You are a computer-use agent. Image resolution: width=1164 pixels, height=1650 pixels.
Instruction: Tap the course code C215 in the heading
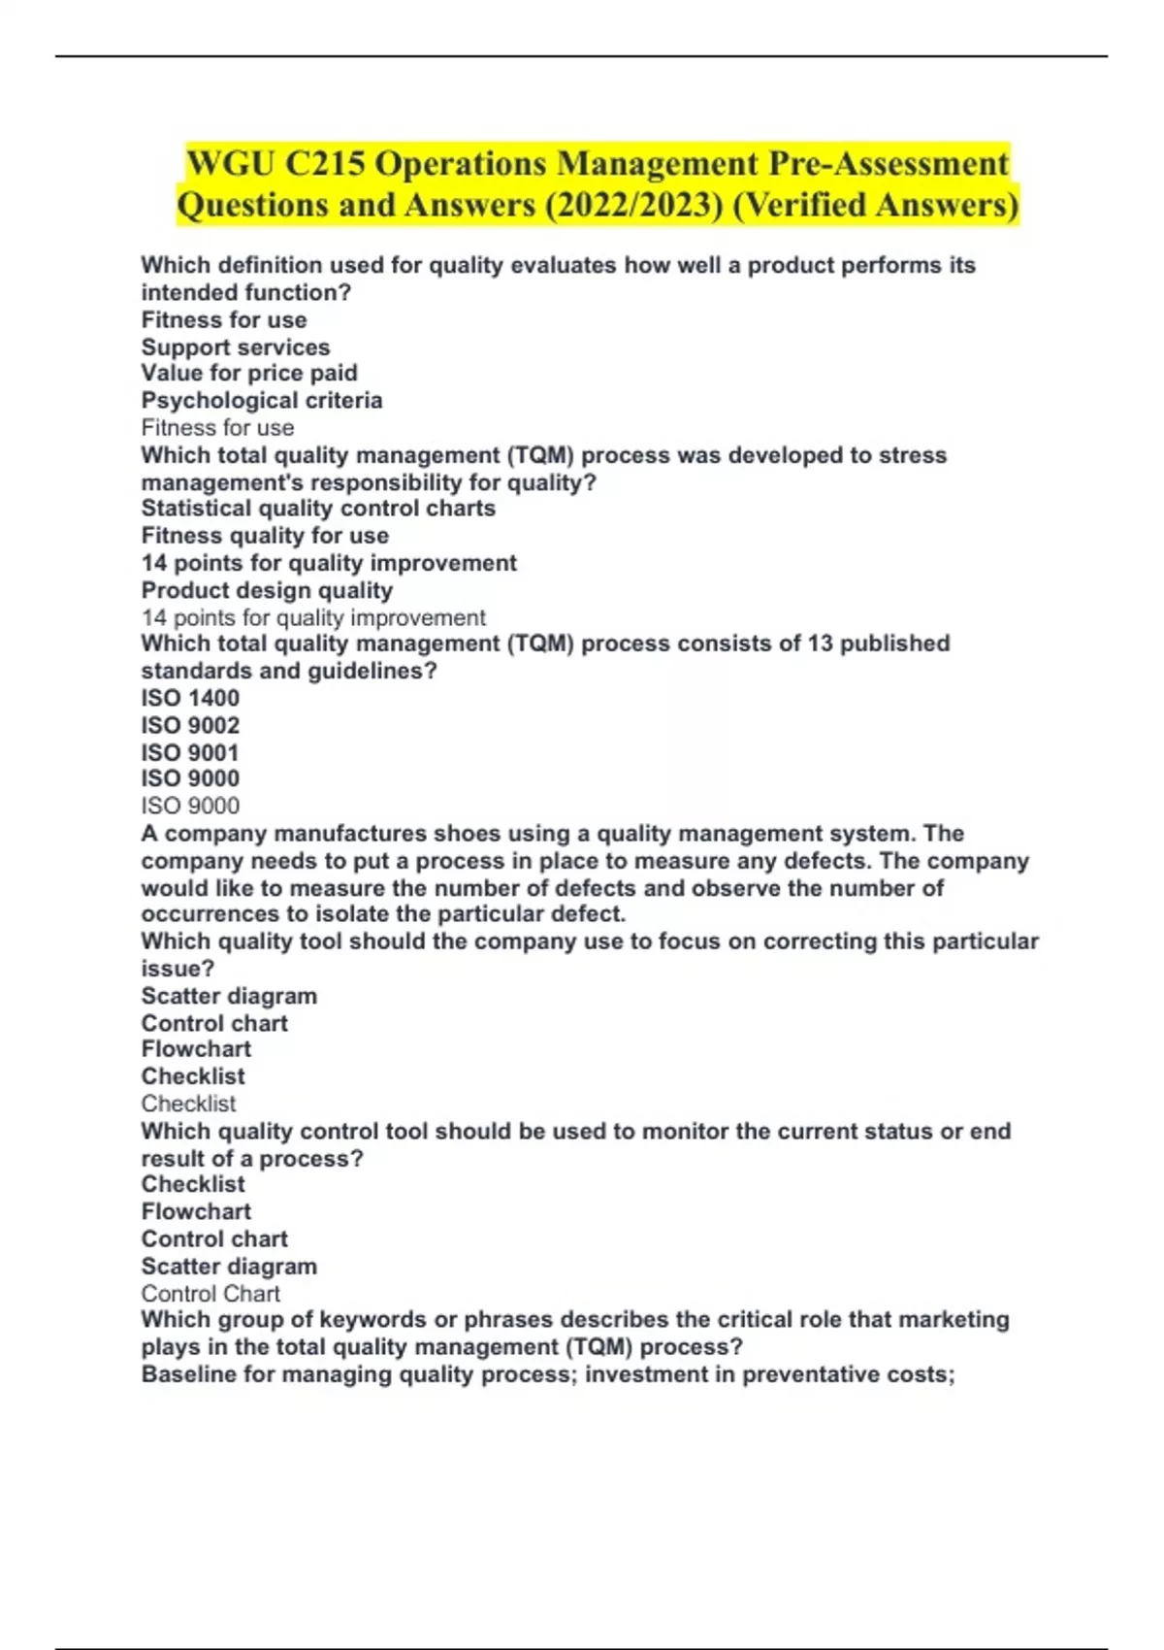[324, 163]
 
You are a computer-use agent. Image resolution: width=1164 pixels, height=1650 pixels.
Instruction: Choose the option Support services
[236, 346]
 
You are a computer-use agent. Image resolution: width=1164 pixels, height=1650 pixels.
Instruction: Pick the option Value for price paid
[249, 373]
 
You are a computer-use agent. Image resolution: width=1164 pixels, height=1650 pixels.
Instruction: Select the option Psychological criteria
[262, 400]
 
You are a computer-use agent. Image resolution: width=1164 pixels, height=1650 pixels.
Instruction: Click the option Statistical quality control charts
[318, 508]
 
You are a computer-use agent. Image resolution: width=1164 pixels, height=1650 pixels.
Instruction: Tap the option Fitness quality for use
[265, 535]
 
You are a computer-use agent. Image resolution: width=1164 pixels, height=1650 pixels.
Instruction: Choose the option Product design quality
[267, 590]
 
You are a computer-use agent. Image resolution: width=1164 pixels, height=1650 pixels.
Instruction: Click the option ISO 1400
[190, 698]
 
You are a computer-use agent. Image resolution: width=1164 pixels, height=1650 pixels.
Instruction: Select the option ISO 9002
[190, 725]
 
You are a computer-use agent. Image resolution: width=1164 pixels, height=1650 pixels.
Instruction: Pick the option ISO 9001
[190, 752]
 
